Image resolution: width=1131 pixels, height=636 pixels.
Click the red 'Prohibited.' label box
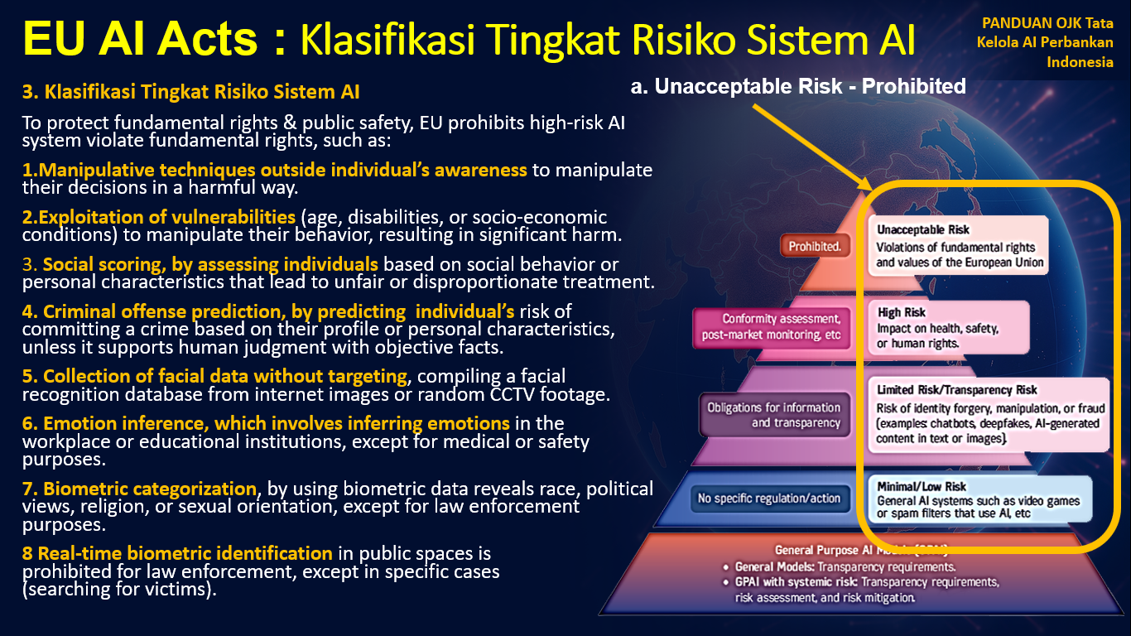coord(815,246)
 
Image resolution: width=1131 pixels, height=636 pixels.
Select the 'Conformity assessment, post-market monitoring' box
coord(772,326)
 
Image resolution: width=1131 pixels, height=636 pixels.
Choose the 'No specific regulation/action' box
coord(769,499)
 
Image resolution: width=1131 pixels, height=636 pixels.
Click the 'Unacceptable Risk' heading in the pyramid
coord(923,229)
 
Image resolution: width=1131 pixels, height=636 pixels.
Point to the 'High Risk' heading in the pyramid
coord(902,313)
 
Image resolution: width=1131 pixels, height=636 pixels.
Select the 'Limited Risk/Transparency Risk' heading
coord(956,390)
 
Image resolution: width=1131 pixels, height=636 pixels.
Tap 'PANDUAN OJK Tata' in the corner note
coord(1047,25)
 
